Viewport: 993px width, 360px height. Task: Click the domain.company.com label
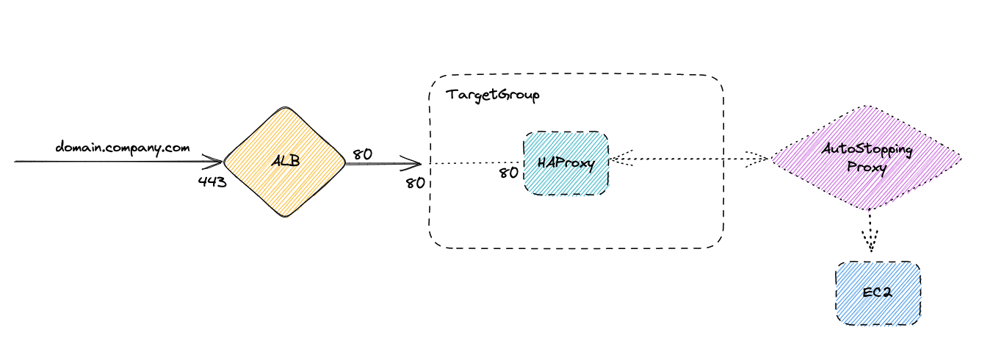click(123, 148)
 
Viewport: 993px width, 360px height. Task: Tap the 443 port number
click(212, 181)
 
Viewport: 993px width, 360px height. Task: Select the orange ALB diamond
click(284, 162)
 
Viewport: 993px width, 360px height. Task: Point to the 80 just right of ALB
click(361, 154)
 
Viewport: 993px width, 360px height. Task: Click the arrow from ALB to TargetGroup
click(382, 164)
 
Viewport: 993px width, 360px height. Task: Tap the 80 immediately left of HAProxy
click(508, 173)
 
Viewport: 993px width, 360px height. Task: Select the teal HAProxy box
click(566, 163)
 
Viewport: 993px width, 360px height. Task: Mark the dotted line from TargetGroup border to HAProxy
click(474, 163)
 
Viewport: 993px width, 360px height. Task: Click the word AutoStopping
click(867, 150)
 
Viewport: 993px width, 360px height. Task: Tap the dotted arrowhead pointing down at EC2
click(870, 242)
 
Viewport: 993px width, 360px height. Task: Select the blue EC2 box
click(878, 293)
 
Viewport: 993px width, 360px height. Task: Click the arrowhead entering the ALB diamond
click(217, 160)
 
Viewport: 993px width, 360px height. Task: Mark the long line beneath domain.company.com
click(110, 160)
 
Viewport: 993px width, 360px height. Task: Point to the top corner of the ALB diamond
click(284, 107)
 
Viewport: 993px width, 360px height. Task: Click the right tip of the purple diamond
click(959, 156)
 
